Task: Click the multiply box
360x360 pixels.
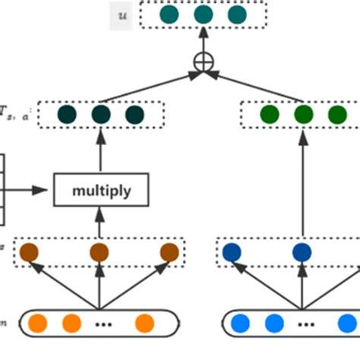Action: (100, 191)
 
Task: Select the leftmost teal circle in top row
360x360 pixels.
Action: (169, 16)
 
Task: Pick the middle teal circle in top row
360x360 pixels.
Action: (203, 16)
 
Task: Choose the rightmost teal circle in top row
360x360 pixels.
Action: (236, 16)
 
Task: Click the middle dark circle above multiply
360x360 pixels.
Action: (100, 115)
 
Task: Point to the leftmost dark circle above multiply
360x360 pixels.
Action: (67, 115)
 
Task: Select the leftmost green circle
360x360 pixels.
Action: (270, 115)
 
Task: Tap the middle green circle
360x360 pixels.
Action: (303, 115)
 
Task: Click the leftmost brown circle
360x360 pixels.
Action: (29, 251)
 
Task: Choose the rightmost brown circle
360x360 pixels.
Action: (169, 251)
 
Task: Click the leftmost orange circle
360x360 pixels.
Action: (37, 324)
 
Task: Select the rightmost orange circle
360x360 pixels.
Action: (144, 324)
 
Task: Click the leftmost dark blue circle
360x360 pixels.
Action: (232, 251)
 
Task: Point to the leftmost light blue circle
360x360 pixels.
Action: (241, 324)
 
